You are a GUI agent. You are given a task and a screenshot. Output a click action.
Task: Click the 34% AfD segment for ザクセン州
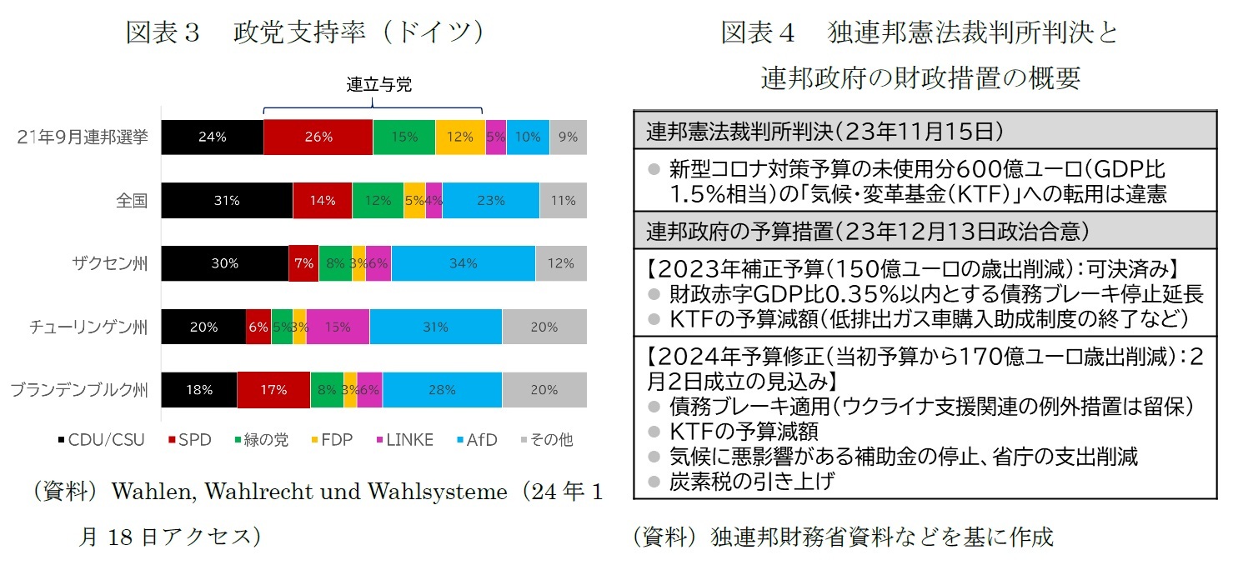(x=463, y=263)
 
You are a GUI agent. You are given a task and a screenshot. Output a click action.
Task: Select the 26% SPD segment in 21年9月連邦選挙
(x=318, y=137)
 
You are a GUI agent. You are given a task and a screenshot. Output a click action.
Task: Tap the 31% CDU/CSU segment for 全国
(x=227, y=201)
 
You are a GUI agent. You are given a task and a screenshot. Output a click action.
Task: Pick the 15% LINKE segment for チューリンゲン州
(x=338, y=327)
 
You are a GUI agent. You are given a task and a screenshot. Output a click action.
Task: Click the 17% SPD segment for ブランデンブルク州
(x=273, y=390)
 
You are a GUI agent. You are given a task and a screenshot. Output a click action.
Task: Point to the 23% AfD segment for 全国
(x=491, y=201)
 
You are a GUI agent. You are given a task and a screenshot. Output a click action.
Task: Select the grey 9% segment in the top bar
(x=569, y=137)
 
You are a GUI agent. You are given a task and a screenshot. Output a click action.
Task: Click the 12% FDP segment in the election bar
(x=460, y=137)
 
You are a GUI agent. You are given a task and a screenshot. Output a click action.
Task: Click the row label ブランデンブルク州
(x=78, y=390)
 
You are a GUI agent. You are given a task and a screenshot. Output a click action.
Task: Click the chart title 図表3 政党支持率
(x=305, y=32)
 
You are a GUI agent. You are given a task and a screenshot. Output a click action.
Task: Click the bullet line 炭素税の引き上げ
(x=750, y=481)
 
